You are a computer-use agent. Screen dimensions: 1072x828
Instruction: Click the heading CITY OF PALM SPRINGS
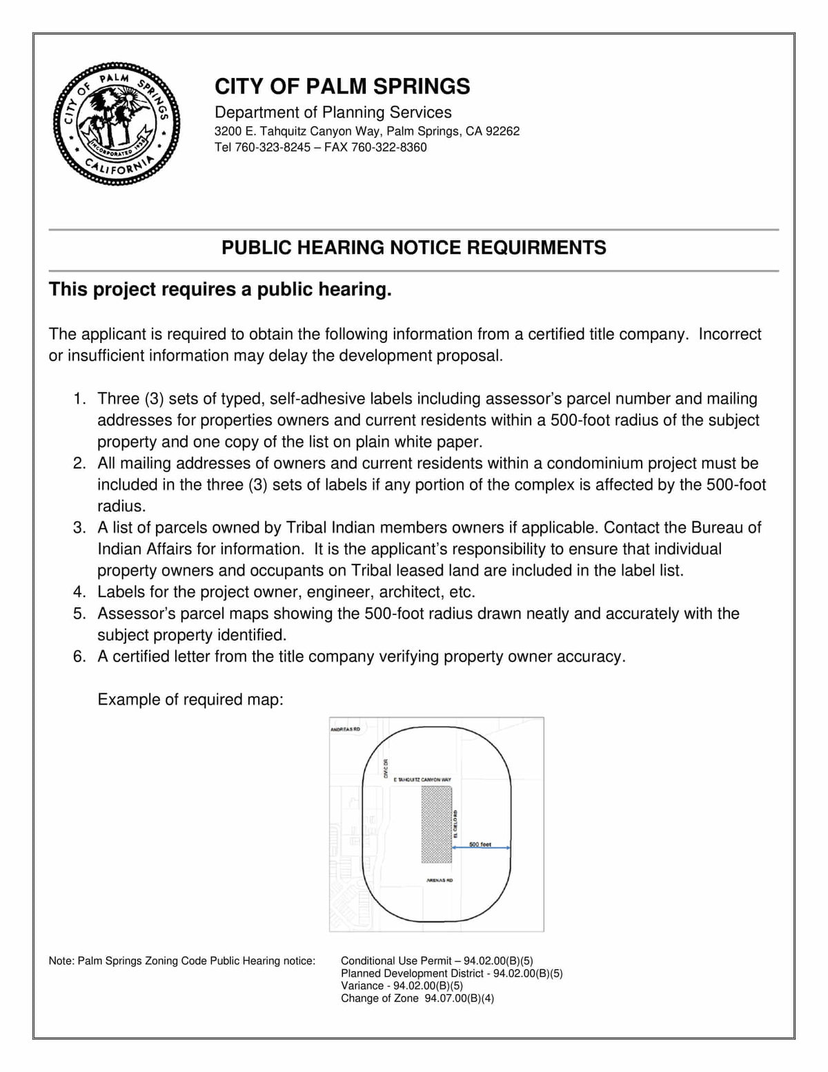(x=342, y=86)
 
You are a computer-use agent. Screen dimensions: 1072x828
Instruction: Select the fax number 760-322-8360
(x=389, y=147)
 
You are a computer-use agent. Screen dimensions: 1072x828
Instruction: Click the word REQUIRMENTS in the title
(x=537, y=247)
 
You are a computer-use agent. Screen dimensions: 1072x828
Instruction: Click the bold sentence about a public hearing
(x=220, y=289)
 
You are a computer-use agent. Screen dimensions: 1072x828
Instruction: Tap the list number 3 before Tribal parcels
(x=79, y=528)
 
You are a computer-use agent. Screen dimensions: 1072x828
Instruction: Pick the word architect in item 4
(x=408, y=592)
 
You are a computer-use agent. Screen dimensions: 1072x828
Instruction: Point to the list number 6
(x=79, y=656)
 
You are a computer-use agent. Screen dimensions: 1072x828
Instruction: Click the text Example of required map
(x=190, y=699)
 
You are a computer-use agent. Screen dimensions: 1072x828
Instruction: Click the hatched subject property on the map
(x=436, y=824)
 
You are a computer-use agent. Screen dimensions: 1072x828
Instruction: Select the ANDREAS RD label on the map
(x=346, y=729)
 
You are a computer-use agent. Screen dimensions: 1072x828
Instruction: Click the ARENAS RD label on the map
(x=440, y=881)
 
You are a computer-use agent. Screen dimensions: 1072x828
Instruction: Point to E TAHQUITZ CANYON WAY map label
(x=422, y=779)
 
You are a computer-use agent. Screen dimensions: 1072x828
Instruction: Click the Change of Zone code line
(x=417, y=998)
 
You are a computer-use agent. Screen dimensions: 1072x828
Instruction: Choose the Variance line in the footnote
(x=402, y=986)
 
